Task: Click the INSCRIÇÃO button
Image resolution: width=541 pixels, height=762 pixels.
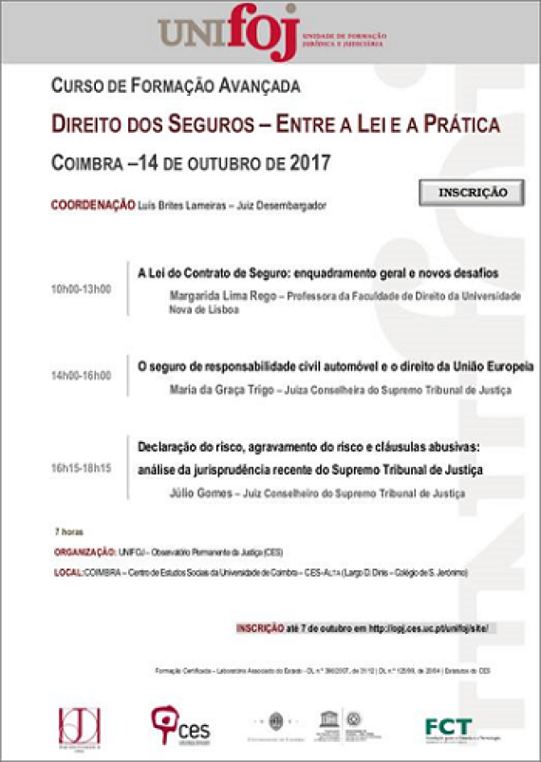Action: point(472,192)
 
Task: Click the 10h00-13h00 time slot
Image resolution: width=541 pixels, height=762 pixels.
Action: point(81,288)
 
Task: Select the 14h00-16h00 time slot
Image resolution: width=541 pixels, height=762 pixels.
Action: point(81,376)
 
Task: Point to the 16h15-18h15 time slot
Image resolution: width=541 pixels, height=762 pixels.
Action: point(81,468)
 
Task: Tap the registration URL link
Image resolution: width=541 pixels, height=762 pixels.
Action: point(433,628)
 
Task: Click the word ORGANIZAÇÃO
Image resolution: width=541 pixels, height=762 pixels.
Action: point(84,551)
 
